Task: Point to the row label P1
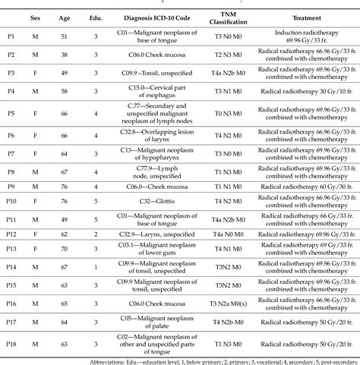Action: click(x=10, y=38)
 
